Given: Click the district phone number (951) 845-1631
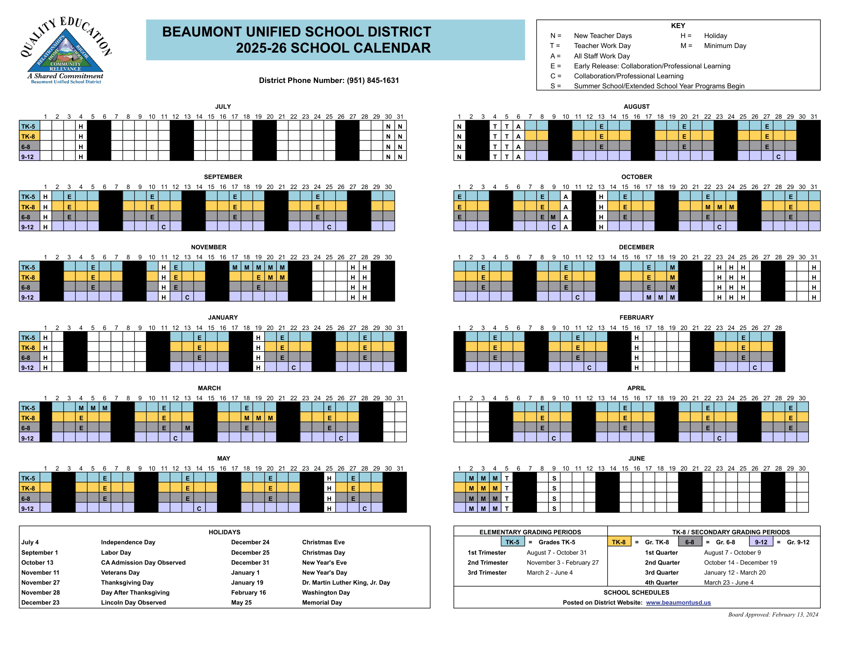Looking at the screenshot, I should coord(373,80).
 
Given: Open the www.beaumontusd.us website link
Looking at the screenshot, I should coord(678,602).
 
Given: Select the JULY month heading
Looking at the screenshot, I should coord(223,106).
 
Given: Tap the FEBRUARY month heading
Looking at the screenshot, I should coord(636,317).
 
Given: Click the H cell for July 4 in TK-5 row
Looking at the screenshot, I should coord(81,126).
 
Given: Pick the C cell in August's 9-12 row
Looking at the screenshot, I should coord(779,157).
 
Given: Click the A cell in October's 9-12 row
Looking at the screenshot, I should coord(566,227).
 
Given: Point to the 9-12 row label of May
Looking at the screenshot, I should coord(28,509).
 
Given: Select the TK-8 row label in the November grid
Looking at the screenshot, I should coord(28,277).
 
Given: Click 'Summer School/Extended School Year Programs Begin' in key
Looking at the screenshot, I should coord(659,86).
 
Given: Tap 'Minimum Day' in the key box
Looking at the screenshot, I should coord(725,46).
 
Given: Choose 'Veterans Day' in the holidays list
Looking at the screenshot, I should coord(120,573).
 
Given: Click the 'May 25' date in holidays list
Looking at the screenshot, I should coord(242,602).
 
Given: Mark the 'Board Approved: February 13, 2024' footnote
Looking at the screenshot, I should coord(773,614).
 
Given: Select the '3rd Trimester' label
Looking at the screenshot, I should coord(487,573).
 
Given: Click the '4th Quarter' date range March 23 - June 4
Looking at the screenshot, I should coord(729,583).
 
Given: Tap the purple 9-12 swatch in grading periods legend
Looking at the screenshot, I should coord(760,542).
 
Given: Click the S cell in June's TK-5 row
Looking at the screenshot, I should coord(554,479).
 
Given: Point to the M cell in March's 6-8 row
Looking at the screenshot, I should coord(187,428).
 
